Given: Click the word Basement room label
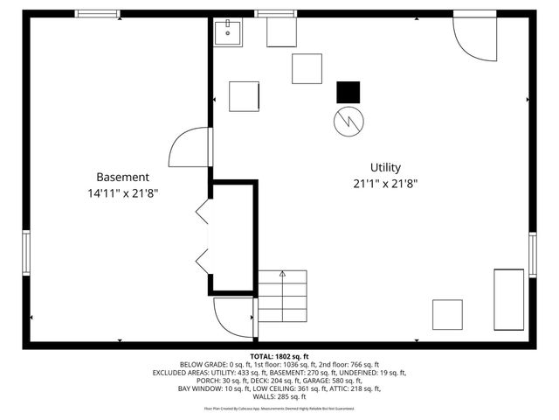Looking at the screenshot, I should coord(122,176).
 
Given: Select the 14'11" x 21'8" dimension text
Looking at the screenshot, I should coord(122,192).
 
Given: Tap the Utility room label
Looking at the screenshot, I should coord(385,167).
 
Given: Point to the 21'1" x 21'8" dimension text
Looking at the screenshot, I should coord(385,184).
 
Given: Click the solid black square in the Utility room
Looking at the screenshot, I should coord(348,92).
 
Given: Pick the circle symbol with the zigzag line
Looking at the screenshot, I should coord(347,121).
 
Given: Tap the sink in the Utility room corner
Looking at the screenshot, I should coord(229,32).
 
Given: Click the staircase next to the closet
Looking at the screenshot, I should coord(282,296).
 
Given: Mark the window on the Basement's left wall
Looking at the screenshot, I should coord(26,253).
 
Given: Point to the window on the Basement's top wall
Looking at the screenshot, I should coord(97,14).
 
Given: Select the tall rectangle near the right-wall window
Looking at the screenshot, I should coord(508,297).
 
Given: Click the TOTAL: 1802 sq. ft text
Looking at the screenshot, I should coord(279,357).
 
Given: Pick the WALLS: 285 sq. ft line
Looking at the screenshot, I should coord(279,396).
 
